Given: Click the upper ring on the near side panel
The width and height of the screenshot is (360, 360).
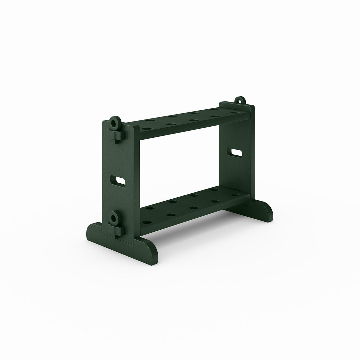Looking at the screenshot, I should point(114,123).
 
